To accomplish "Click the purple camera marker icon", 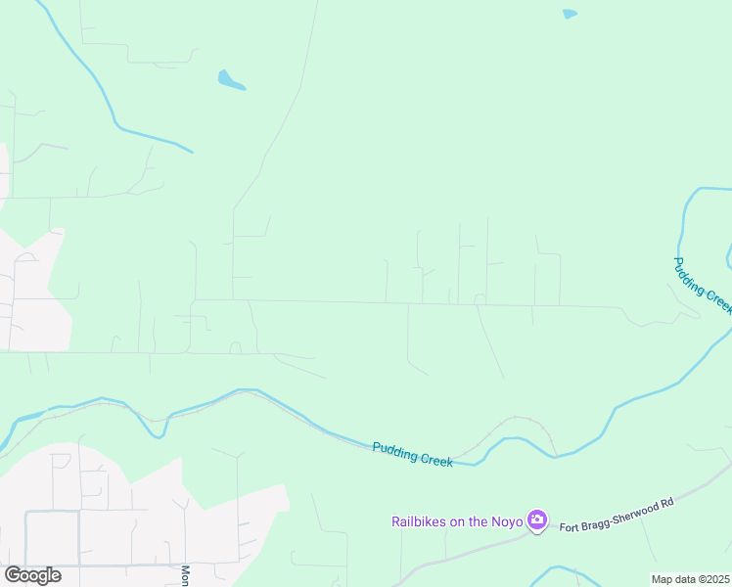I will [x=536, y=520].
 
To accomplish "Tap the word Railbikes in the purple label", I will [x=419, y=521].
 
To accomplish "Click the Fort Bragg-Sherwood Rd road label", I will [x=617, y=516].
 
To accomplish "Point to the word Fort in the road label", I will [x=569, y=527].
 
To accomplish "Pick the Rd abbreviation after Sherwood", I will [x=668, y=503].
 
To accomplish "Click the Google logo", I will [x=32, y=574].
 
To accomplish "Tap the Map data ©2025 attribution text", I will [x=689, y=579].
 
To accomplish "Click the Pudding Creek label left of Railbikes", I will [x=412, y=453].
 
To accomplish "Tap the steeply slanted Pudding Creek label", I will [x=702, y=285].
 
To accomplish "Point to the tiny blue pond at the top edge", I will [x=570, y=14].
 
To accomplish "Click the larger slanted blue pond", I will [x=230, y=80].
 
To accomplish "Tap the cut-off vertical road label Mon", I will [x=184, y=574].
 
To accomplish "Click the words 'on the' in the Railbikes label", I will [x=467, y=521].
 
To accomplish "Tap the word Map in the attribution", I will [x=663, y=579].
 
